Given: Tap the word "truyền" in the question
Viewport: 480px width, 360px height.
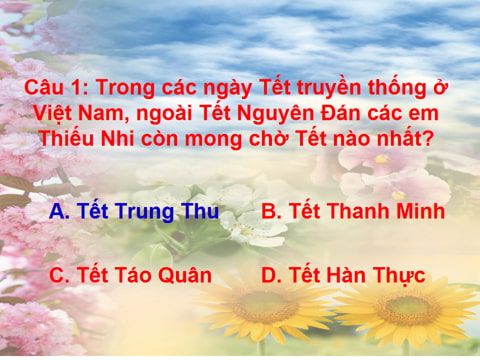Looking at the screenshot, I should click(287, 87).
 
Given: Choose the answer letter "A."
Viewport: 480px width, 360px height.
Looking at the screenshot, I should click(59, 212).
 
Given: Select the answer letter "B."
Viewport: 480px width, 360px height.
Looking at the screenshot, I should click(271, 212).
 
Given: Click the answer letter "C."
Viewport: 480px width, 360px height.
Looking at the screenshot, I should click(59, 276).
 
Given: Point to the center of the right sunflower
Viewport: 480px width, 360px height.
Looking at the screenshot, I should click(411, 309).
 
